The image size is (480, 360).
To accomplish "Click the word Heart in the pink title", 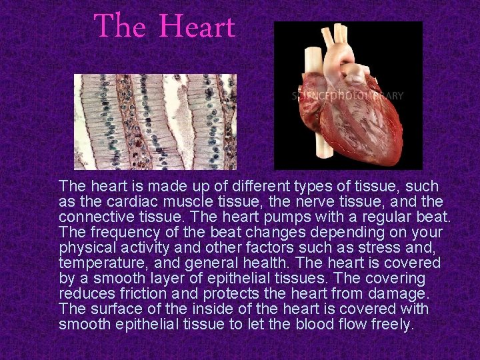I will pos(198,27).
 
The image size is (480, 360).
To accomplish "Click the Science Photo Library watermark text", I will pos(347,95).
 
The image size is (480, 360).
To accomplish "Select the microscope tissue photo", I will pos(155,121).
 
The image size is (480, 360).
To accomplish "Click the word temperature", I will pos(97,263).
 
